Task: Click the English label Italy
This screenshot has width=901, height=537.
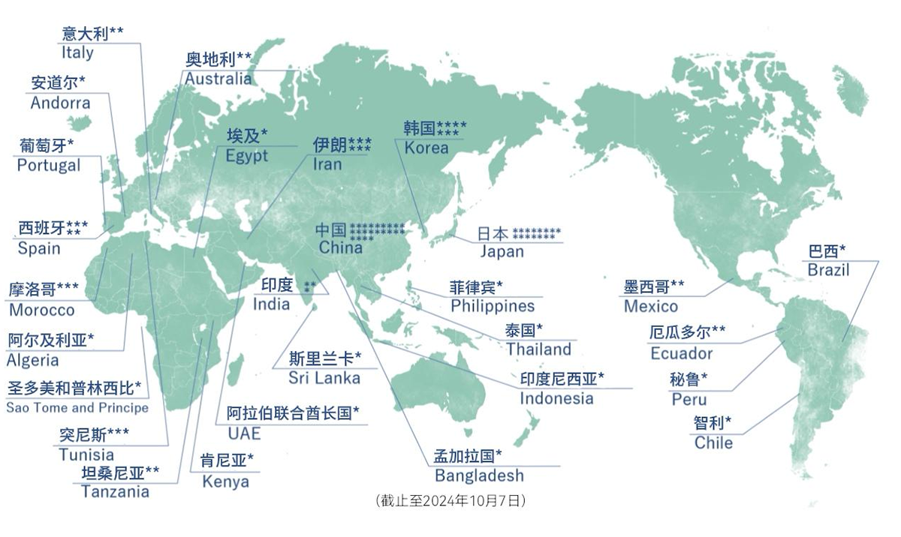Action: (77, 52)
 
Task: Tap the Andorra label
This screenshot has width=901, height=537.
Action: (60, 103)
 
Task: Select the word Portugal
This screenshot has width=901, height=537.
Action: (49, 165)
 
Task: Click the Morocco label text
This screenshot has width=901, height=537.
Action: (42, 310)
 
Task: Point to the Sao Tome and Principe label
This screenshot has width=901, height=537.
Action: (77, 408)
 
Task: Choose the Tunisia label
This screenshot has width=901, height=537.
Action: (86, 454)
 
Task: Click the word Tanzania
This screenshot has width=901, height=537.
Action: (115, 491)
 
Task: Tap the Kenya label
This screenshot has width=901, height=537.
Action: (225, 481)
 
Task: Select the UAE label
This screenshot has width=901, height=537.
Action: (244, 433)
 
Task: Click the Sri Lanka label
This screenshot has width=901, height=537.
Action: (324, 377)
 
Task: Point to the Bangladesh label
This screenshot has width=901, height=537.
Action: (479, 475)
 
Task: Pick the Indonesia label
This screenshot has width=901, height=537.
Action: (556, 398)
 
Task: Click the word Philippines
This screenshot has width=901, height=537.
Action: (493, 305)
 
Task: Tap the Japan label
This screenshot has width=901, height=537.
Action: (502, 251)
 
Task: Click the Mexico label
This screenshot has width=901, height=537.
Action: (650, 305)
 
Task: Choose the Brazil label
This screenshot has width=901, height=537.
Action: (828, 270)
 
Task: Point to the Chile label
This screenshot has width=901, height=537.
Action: (713, 442)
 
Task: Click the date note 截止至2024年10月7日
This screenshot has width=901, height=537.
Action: (450, 501)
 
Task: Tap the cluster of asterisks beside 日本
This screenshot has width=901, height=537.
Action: (537, 233)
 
